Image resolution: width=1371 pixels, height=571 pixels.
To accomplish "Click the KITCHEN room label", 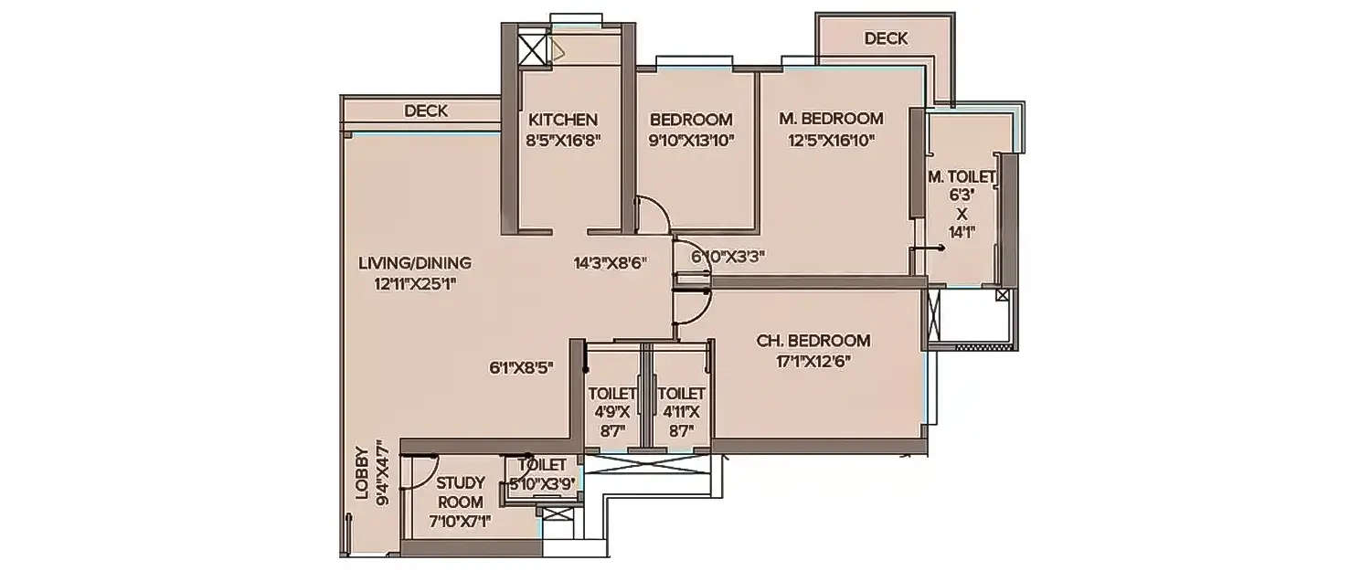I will pyautogui.click(x=563, y=120).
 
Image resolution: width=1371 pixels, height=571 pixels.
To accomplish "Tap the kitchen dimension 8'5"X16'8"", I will pyautogui.click(x=563, y=140).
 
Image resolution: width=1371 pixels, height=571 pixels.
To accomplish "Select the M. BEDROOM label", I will pyautogui.click(x=831, y=119).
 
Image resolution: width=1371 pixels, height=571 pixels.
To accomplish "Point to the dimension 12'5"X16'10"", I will pyautogui.click(x=831, y=140).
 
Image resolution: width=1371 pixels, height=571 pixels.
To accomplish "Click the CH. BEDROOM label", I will pyautogui.click(x=813, y=341).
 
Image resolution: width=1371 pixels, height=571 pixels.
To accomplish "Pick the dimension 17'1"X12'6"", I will pyautogui.click(x=813, y=362).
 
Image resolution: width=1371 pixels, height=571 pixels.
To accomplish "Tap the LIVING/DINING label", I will pyautogui.click(x=415, y=263).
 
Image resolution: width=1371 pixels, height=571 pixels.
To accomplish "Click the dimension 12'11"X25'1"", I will pyautogui.click(x=415, y=283).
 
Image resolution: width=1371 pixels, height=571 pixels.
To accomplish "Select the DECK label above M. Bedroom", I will pyautogui.click(x=886, y=38).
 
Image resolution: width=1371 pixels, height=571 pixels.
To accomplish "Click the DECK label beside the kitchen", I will pyautogui.click(x=426, y=111).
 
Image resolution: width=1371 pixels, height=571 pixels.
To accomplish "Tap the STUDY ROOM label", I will pyautogui.click(x=460, y=492).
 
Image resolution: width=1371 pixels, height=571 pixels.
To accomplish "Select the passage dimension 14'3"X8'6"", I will pyautogui.click(x=611, y=263).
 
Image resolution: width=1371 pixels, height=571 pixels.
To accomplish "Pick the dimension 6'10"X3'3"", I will pyautogui.click(x=728, y=257).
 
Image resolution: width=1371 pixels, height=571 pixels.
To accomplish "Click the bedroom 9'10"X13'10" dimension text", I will pyautogui.click(x=691, y=140).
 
